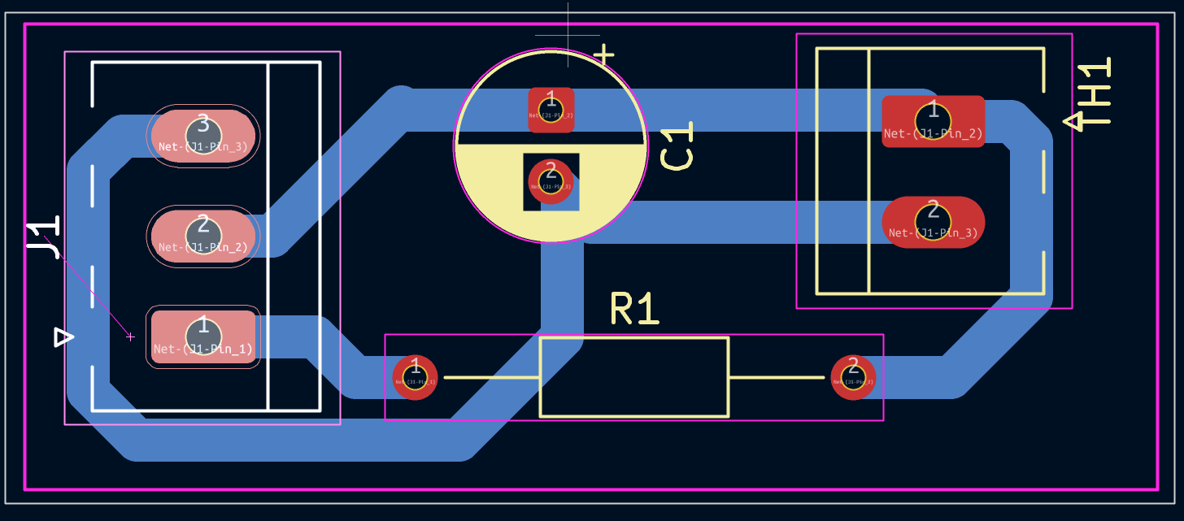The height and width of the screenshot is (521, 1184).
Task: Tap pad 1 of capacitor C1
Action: [551, 110]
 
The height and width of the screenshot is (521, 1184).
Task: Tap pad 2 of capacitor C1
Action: [551, 180]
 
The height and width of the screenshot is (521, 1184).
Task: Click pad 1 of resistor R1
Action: [416, 377]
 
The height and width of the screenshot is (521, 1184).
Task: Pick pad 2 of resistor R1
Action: [853, 377]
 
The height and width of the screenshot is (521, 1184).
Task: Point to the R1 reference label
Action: [635, 310]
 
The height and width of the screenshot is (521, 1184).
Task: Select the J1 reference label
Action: [43, 237]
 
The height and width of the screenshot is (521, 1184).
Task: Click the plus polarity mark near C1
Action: [603, 54]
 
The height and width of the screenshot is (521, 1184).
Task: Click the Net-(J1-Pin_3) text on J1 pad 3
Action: [203, 147]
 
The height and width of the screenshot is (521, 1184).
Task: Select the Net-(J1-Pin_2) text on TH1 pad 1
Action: [933, 134]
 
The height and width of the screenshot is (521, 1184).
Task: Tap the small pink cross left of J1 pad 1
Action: [130, 336]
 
